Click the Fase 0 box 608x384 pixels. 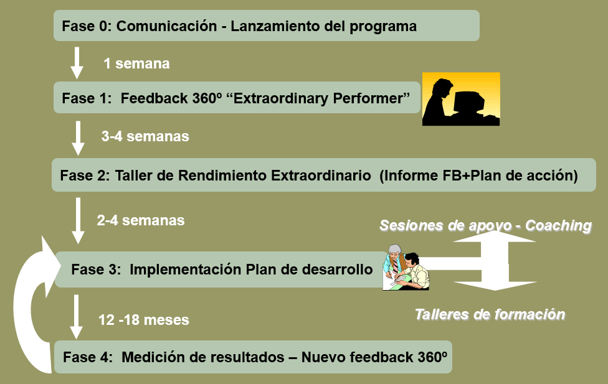pyautogui.click(x=267, y=26)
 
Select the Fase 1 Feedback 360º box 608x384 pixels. pyautogui.click(x=237, y=98)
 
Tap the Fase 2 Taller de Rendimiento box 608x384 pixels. pyautogui.click(x=324, y=175)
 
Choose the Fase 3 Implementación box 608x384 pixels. pyautogui.click(x=221, y=269)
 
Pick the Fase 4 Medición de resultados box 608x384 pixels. pyautogui.click(x=253, y=357)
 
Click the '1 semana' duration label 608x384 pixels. pyautogui.click(x=136, y=63)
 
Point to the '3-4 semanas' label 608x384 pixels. pyautogui.click(x=145, y=136)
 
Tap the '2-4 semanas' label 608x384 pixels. pyautogui.click(x=141, y=220)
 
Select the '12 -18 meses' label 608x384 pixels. pyautogui.click(x=144, y=320)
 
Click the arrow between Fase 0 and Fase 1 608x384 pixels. pyautogui.click(x=77, y=63)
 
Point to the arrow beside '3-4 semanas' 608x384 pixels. pyautogui.click(x=78, y=138)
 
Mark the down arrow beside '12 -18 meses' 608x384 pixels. pyautogui.click(x=76, y=317)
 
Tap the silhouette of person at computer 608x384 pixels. pyautogui.click(x=461, y=99)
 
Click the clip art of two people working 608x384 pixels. pyautogui.click(x=406, y=267)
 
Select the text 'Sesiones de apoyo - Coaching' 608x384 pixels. pyautogui.click(x=485, y=225)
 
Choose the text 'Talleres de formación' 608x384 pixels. pyautogui.click(x=490, y=314)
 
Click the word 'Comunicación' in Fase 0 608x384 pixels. pyautogui.click(x=167, y=26)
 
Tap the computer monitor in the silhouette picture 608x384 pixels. pyautogui.click(x=470, y=102)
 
